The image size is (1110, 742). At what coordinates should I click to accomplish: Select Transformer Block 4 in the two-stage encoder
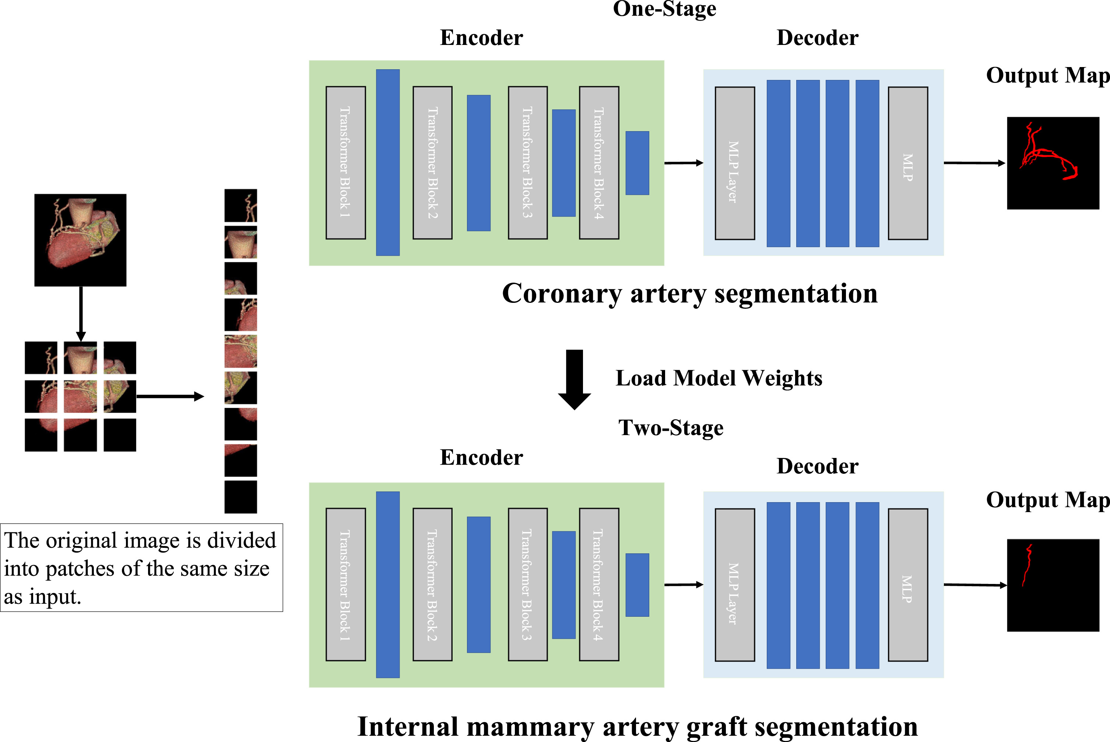point(599,584)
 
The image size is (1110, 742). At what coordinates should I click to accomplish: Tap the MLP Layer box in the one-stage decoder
point(734,163)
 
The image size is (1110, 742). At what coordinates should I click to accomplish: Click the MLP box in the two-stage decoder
point(907,584)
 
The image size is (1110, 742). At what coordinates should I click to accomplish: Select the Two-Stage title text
point(671,428)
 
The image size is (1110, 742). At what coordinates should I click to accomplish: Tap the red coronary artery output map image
point(1053,163)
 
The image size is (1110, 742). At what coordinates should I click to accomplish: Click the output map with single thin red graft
point(1053,585)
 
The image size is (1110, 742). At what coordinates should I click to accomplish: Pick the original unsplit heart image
point(80,240)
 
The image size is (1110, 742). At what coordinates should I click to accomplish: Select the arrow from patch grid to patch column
point(169,396)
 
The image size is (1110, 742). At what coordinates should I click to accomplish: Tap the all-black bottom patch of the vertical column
point(240,497)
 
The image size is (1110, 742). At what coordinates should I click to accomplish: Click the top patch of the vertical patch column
point(240,205)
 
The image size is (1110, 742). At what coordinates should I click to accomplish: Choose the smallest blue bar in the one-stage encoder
point(637,163)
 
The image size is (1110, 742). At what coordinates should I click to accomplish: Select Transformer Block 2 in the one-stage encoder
point(432,162)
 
